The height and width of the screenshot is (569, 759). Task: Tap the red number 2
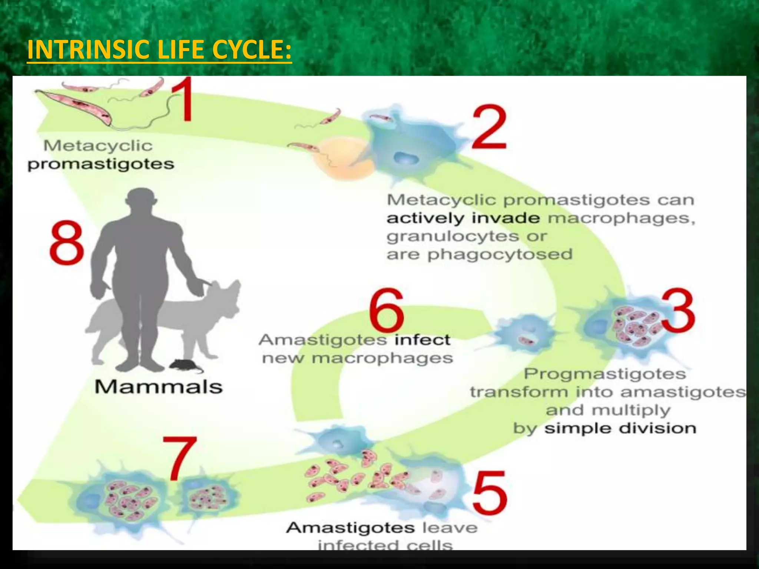coord(489,127)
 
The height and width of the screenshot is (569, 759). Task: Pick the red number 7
coord(179,458)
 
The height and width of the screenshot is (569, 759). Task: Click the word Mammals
coord(159,387)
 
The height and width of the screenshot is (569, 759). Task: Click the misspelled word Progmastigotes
coord(605,374)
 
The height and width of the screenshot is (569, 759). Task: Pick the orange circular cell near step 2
coord(341,159)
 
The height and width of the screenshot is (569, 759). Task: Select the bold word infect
coord(422,340)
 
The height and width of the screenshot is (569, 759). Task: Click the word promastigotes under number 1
coord(101,164)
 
